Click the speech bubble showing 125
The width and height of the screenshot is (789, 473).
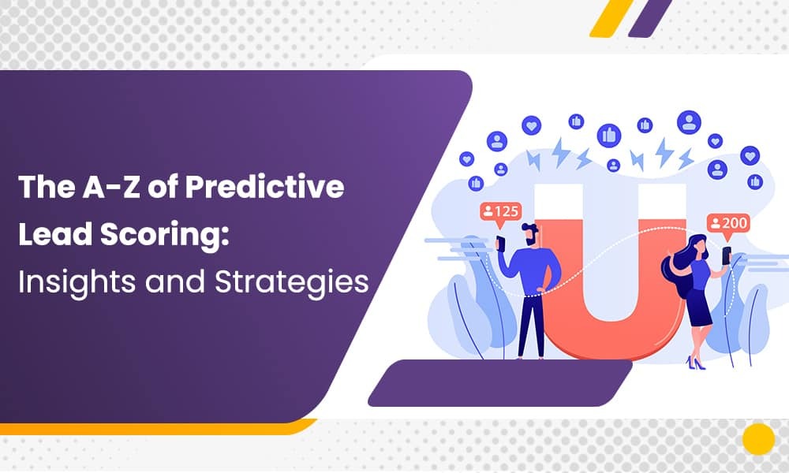[x=499, y=212]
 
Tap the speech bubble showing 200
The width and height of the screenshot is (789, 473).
[x=727, y=223]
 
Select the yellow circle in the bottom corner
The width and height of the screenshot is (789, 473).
[x=758, y=439]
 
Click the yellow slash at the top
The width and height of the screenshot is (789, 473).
[x=611, y=17]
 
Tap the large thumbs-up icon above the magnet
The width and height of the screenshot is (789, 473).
[x=609, y=135]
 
